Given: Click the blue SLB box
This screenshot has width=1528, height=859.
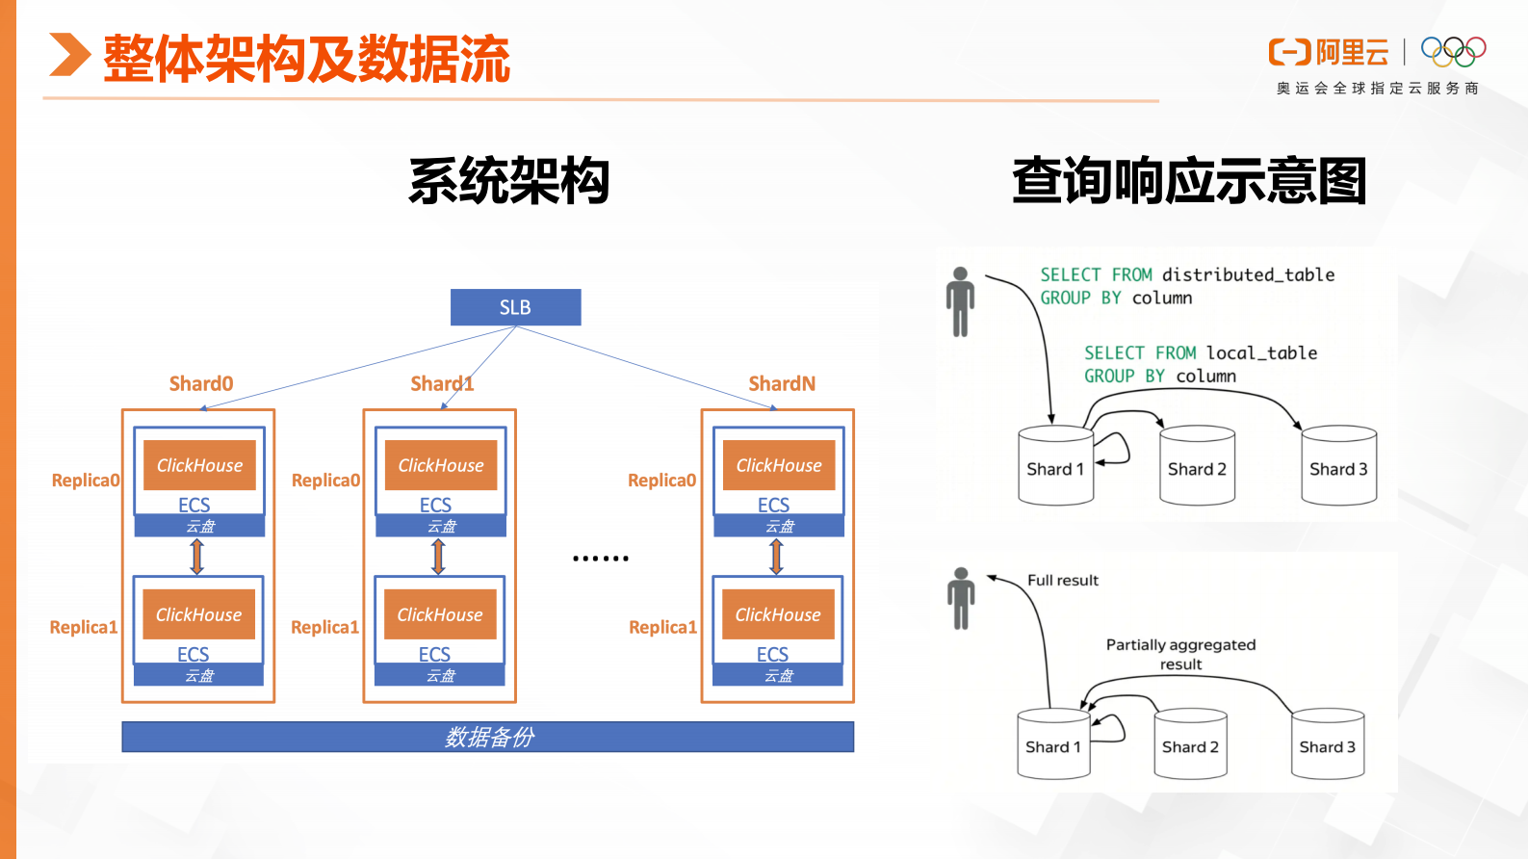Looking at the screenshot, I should click(x=515, y=307).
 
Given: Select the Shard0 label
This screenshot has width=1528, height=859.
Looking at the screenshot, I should click(x=201, y=383).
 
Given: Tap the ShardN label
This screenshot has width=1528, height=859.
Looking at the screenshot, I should click(x=782, y=383).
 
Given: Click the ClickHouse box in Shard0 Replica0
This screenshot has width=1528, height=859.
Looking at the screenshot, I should click(x=199, y=465).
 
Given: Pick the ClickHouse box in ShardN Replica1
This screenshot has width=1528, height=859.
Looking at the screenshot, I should click(x=778, y=614).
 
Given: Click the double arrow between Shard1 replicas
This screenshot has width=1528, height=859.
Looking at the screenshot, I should click(x=438, y=557).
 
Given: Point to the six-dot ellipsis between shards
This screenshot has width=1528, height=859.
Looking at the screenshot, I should click(x=600, y=559).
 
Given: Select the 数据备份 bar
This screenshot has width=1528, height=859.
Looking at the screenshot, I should click(x=487, y=737).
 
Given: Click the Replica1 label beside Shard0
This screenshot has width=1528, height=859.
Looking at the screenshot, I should click(x=84, y=627).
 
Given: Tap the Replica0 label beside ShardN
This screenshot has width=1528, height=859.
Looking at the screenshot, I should click(x=661, y=480).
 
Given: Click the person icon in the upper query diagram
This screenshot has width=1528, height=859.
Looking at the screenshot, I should click(x=960, y=301).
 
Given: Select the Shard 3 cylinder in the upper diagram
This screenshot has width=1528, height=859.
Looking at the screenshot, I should click(x=1338, y=466).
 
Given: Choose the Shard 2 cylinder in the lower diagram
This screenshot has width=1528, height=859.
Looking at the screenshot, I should click(x=1190, y=743).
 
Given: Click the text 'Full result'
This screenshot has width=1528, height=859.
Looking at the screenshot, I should click(x=1062, y=580).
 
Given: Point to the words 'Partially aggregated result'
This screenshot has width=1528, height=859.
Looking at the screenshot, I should click(x=1180, y=654).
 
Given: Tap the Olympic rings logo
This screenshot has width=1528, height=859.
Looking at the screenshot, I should click(x=1453, y=51).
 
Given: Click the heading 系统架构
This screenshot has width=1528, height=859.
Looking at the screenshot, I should click(x=509, y=181).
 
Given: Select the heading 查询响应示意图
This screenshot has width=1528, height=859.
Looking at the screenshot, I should click(x=1189, y=181).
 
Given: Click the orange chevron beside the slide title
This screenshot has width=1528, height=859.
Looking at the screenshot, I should click(x=68, y=55).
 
